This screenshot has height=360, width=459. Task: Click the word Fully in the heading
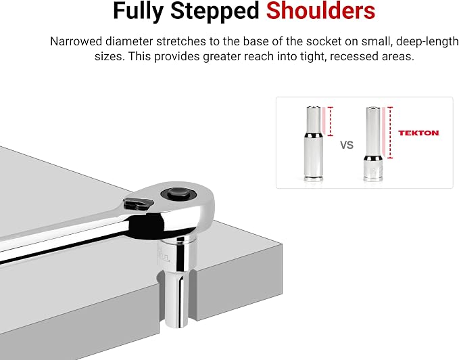click(138, 11)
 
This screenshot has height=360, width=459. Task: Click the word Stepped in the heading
click(215, 11)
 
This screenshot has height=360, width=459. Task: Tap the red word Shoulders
click(320, 11)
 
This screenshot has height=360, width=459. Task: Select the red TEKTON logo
click(418, 133)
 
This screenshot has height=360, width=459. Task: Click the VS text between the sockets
click(347, 145)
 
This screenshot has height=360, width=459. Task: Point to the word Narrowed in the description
click(76, 41)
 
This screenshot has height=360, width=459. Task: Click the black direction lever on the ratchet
click(138, 204)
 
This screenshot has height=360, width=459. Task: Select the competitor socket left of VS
click(314, 143)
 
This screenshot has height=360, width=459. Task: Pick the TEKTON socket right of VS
click(373, 144)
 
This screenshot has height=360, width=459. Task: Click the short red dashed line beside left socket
click(331, 121)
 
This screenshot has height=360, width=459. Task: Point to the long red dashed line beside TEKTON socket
click(390, 133)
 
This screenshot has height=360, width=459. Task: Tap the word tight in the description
click(316, 57)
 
